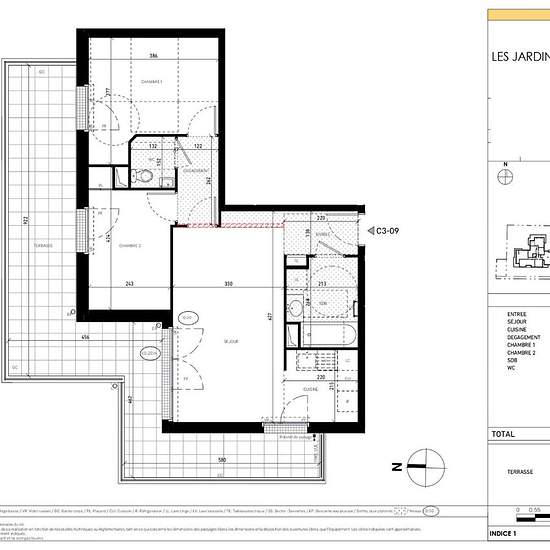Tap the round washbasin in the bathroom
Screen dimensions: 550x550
point(295,307)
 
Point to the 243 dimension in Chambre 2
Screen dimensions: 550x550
point(129,285)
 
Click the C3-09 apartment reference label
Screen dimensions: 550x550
point(384,230)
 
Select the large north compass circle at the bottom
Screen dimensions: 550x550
point(423,464)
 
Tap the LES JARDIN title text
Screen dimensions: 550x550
point(520,57)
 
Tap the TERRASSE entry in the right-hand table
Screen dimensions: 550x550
point(509,476)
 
